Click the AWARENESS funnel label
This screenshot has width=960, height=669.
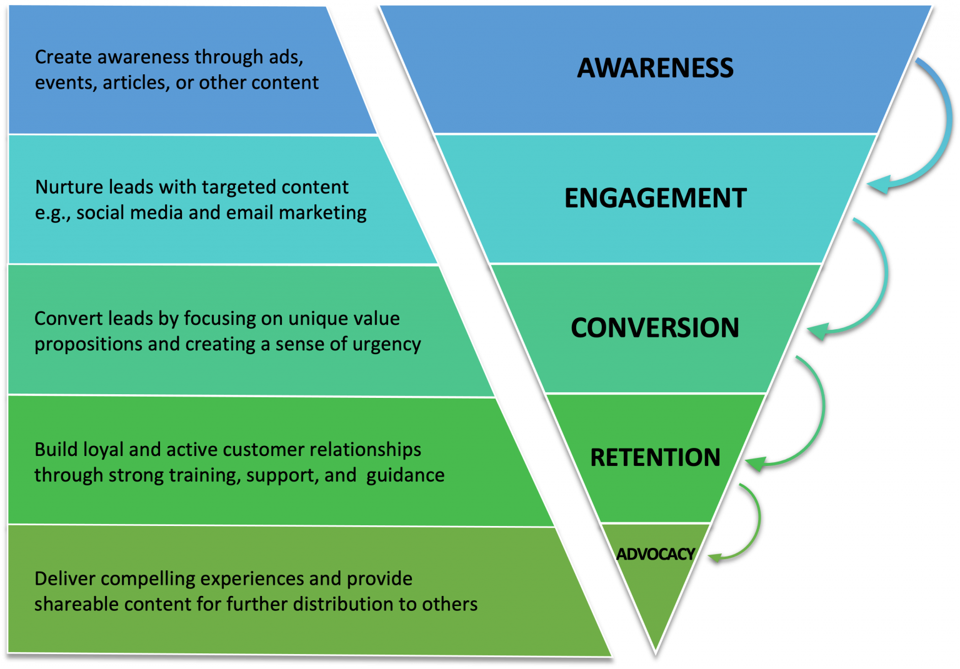click(x=655, y=67)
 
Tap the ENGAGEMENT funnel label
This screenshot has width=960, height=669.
click(x=655, y=198)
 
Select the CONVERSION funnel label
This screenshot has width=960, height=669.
click(x=654, y=328)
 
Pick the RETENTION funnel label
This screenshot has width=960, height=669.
click(x=655, y=457)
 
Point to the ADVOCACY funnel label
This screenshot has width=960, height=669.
click(x=655, y=554)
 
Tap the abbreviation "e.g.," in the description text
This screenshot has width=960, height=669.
click(x=53, y=213)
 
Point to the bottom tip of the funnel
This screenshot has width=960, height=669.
click(x=655, y=652)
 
